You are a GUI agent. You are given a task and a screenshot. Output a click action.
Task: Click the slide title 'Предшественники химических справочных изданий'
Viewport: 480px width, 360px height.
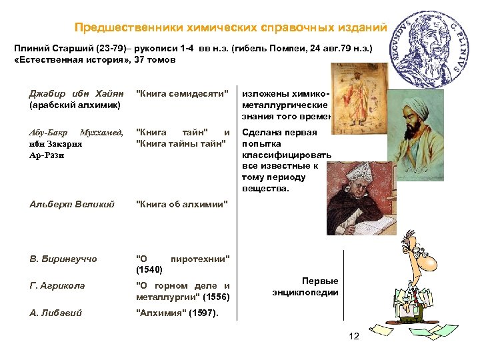[230, 27]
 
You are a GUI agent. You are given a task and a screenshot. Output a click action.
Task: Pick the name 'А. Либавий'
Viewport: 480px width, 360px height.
[57, 313]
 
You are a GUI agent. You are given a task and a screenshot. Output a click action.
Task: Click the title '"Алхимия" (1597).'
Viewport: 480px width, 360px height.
[177, 313]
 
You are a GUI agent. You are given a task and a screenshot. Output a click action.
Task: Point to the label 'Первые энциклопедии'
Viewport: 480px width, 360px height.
[305, 287]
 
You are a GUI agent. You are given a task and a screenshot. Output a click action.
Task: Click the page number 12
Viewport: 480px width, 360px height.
[354, 336]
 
